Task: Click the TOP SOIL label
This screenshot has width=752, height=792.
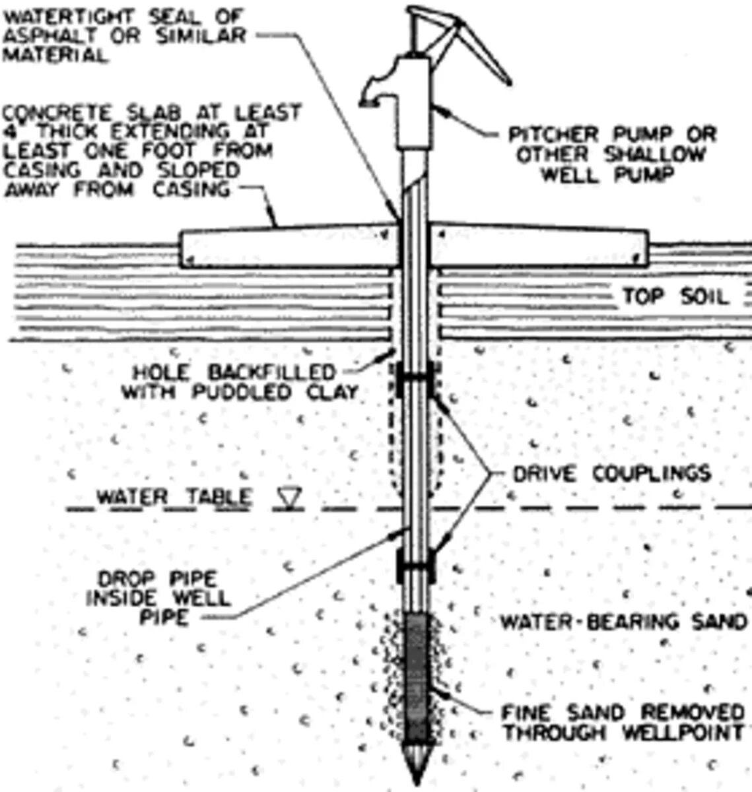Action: click(x=675, y=296)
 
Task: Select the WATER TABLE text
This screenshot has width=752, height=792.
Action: click(x=174, y=496)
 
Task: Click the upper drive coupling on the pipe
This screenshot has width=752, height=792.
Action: click(x=415, y=378)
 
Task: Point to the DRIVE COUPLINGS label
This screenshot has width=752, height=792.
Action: click(x=611, y=473)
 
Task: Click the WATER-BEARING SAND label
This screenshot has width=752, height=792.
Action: click(x=623, y=622)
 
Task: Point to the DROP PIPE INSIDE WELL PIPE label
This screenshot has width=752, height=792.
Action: click(x=157, y=598)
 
